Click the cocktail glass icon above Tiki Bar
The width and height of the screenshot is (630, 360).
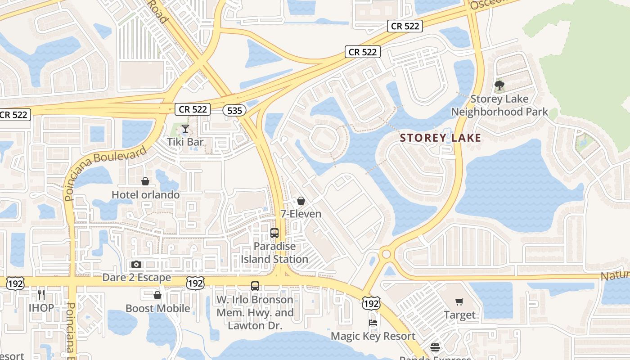point(185,129)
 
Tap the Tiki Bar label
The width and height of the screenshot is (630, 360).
point(185,142)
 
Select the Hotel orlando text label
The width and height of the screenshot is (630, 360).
point(145,195)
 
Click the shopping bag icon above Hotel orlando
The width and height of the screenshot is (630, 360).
point(145,181)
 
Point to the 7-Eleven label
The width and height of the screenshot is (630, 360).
point(301,214)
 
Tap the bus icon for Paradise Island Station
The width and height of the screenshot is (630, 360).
point(274,233)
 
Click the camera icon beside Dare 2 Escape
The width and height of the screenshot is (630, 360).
point(136,264)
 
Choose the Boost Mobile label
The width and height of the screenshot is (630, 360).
point(157,309)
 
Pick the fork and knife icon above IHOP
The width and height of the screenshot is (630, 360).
point(41,295)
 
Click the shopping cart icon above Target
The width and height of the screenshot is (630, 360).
point(459,302)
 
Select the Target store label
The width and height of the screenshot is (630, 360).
point(459,315)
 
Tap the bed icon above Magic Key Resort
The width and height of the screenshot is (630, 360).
point(373,323)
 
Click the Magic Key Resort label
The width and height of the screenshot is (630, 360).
point(373,336)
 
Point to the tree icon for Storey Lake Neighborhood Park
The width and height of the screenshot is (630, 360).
point(499,85)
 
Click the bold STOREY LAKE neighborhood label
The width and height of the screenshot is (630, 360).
point(441,138)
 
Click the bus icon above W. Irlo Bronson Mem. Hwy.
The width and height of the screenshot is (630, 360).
point(255,286)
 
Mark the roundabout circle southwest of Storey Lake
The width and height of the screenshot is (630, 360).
point(386,254)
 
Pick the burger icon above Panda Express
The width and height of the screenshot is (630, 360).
point(435,347)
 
